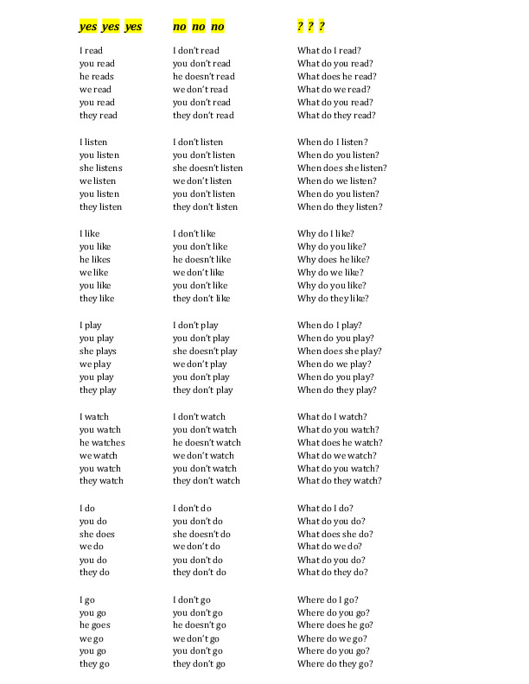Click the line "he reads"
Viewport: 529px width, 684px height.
click(96, 76)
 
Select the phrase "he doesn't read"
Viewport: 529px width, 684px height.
click(203, 76)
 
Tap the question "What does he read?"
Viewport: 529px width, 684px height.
click(336, 76)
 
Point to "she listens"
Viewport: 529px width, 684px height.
click(100, 168)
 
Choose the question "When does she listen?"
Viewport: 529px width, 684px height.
click(341, 168)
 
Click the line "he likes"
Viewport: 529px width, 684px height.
click(94, 259)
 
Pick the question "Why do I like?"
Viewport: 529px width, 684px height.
click(326, 233)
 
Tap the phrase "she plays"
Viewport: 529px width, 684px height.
click(98, 351)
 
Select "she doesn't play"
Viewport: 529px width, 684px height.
click(205, 351)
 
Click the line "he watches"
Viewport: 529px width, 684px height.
click(102, 442)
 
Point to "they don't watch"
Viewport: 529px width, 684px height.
click(206, 481)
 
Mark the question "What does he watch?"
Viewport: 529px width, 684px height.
click(340, 442)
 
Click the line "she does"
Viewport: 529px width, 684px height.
click(97, 534)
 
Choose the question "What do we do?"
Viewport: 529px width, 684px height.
click(329, 547)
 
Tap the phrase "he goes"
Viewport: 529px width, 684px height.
click(94, 624)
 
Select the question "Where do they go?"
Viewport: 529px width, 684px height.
click(335, 663)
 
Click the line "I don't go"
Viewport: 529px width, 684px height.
click(192, 599)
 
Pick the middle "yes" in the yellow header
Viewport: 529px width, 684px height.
click(111, 27)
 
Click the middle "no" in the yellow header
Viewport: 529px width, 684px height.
click(199, 27)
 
